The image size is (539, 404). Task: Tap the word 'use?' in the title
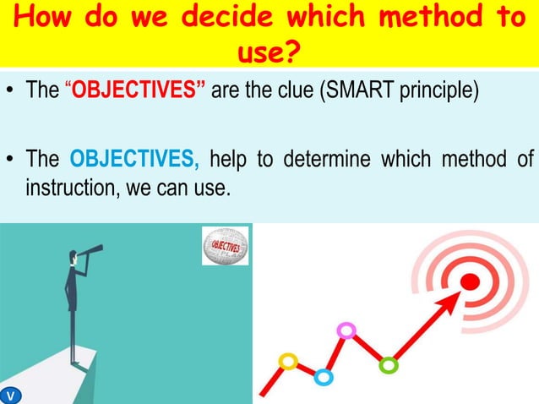click(x=269, y=52)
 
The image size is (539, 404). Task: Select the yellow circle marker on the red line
click(x=289, y=362)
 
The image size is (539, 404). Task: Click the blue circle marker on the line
click(x=323, y=377)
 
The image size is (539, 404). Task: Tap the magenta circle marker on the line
click(x=345, y=330)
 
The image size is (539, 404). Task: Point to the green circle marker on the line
click(x=388, y=365)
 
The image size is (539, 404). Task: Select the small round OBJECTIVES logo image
click(x=224, y=247)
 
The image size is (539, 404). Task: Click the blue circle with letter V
click(x=10, y=395)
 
